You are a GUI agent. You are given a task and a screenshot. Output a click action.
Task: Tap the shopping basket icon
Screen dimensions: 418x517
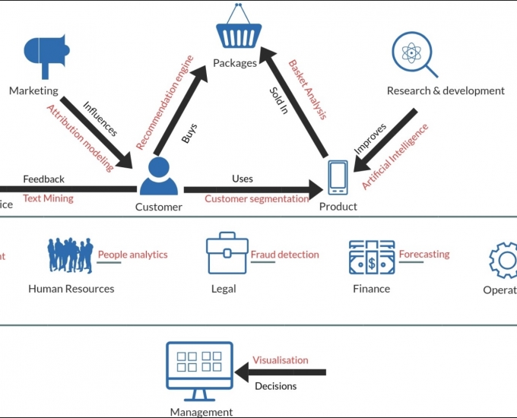(239, 29)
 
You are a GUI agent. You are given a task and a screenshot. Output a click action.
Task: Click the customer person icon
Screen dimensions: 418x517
(158, 176)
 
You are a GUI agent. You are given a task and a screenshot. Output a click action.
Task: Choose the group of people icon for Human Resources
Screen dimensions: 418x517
(71, 255)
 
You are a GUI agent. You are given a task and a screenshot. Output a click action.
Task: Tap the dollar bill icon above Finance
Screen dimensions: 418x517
(371, 258)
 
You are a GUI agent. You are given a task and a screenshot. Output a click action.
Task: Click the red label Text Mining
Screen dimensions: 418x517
(48, 198)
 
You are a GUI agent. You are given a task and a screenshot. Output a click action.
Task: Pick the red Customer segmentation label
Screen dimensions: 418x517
(256, 198)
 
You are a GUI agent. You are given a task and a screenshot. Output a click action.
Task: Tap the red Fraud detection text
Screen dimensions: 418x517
(284, 255)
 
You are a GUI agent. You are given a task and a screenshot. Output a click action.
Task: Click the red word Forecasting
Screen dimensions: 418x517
(424, 254)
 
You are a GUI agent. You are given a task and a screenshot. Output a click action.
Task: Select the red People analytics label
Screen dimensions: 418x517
(132, 255)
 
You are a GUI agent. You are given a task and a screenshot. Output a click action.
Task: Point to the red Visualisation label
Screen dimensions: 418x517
(281, 359)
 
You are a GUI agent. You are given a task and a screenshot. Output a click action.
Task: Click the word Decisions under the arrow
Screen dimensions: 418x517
(275, 386)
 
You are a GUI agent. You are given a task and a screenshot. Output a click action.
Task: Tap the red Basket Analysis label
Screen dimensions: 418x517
(307, 90)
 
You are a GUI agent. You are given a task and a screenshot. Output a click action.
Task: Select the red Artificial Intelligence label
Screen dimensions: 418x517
(395, 156)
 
